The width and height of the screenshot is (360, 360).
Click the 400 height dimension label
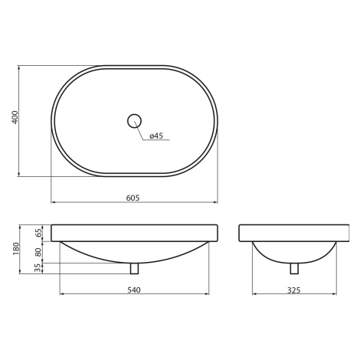tap(15, 117)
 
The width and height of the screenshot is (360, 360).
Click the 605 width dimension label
tap(133, 198)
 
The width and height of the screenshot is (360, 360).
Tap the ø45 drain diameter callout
tap(156, 136)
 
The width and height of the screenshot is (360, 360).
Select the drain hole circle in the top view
tap(134, 121)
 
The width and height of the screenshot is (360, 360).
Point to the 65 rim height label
tap(38, 233)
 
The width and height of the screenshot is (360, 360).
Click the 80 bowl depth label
tap(38, 252)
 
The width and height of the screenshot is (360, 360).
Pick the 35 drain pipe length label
tap(38, 268)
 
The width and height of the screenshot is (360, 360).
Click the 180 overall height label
tap(16, 249)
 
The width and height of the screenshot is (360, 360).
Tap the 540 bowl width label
tap(134, 290)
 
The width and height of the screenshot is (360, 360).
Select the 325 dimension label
tap(294, 290)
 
